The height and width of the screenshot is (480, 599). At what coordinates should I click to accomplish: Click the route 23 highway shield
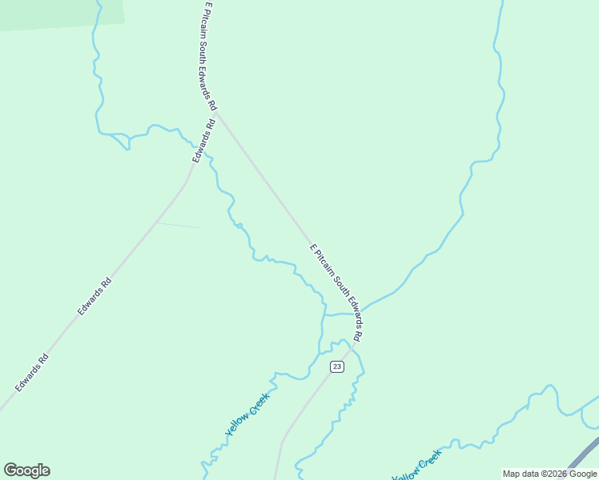[337, 366]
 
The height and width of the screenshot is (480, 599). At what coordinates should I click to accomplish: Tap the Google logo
[26, 470]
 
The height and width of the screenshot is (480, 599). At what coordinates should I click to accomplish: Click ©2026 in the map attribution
[553, 474]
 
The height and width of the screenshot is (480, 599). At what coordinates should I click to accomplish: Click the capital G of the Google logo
[10, 470]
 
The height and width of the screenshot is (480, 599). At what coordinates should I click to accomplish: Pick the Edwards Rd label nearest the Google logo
[32, 373]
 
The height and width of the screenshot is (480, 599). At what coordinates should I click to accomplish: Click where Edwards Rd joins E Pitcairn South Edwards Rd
[217, 114]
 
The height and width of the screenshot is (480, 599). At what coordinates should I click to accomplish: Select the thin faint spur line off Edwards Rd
[178, 226]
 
